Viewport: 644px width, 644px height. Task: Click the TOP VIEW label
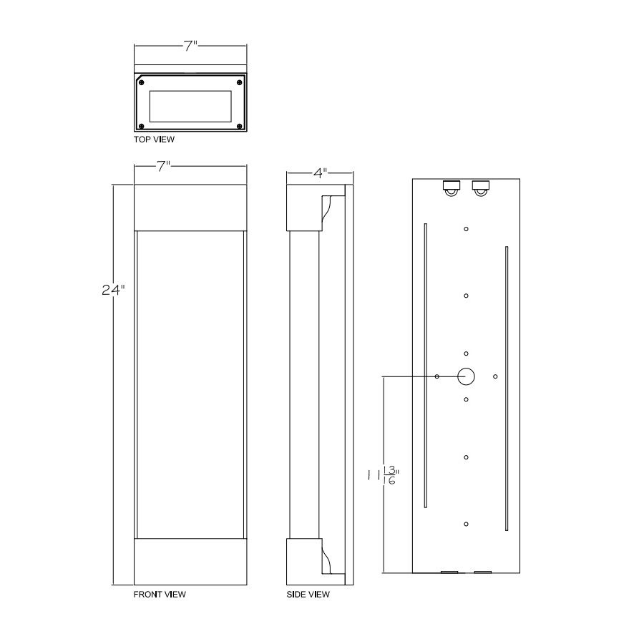[154, 140]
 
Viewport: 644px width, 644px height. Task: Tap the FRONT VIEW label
[160, 595]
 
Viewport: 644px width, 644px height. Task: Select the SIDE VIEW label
[308, 595]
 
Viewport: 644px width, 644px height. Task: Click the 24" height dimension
[113, 290]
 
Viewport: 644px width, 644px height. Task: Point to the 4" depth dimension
[320, 173]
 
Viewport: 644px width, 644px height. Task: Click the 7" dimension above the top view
[190, 46]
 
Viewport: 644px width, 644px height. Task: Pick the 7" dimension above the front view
[163, 166]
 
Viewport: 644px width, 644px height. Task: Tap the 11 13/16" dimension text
[384, 476]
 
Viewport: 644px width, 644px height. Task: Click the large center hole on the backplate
[466, 376]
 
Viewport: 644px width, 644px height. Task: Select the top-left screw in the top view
[141, 83]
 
